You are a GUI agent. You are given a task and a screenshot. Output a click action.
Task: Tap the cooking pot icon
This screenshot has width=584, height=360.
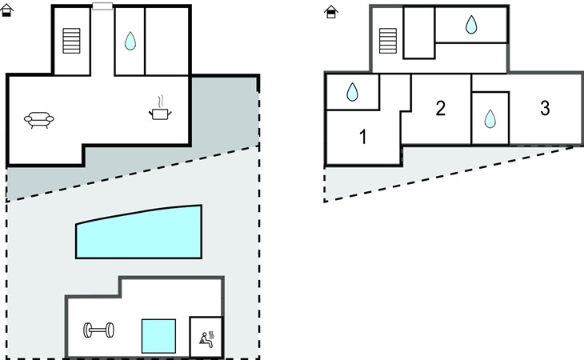tap(161, 114)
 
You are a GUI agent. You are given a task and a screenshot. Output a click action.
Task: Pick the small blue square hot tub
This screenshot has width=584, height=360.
tap(158, 336)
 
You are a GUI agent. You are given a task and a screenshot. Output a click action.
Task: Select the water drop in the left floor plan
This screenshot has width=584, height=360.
tap(130, 41)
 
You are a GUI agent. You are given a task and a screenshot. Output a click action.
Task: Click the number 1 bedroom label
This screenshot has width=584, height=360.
tap(362, 138)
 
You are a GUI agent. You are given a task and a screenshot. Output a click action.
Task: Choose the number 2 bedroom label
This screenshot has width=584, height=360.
tap(440, 109)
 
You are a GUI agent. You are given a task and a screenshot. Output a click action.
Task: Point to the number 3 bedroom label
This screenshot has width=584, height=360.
tap(545, 109)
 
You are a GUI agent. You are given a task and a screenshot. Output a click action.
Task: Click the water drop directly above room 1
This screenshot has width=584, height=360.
tap(353, 93)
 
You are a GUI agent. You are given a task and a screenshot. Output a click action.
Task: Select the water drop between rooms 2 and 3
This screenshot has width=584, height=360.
tap(490, 119)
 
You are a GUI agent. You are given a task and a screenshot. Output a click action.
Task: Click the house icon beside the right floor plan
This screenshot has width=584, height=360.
tap(330, 12)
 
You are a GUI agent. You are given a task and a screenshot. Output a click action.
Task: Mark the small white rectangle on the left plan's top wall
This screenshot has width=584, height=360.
tap(102, 6)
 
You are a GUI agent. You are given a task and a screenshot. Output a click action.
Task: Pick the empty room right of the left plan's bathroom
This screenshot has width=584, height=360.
tap(167, 41)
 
